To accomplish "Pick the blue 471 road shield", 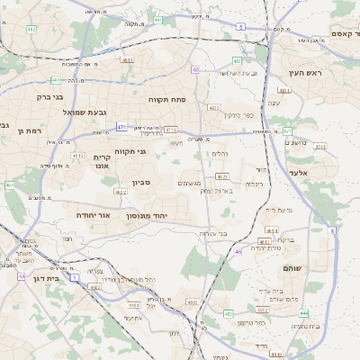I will tap(121, 128).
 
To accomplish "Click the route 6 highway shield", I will tap(240, 27).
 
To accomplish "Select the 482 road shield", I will tap(31, 30).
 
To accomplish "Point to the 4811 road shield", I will tap(285, 91).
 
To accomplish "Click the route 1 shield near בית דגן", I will tap(74, 278).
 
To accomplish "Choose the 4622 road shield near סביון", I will tap(121, 192).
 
